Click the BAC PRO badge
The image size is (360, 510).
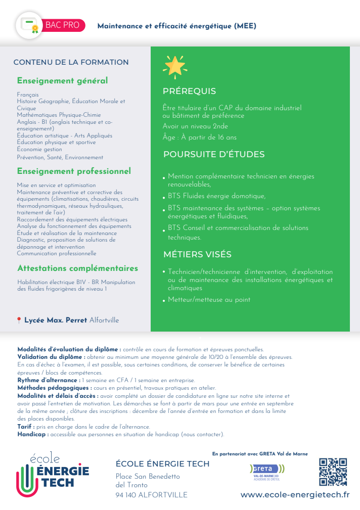click(x=63, y=25)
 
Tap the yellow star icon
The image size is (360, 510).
click(x=174, y=65)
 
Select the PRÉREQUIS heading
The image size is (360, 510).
click(x=189, y=91)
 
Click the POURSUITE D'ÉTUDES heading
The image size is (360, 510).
click(x=213, y=155)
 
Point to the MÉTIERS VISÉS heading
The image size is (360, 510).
click(x=197, y=254)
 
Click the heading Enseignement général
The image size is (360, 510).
click(x=62, y=81)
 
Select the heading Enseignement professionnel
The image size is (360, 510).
click(x=74, y=171)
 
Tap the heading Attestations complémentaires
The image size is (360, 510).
click(x=77, y=268)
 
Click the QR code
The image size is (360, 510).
click(x=333, y=471)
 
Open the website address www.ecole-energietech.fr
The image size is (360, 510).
click(x=295, y=494)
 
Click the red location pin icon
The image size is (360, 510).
click(x=19, y=320)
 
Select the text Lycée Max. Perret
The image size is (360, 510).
click(x=56, y=320)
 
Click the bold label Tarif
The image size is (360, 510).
click(x=25, y=427)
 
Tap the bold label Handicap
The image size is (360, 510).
click(x=32, y=434)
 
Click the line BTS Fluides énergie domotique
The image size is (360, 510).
click(x=216, y=196)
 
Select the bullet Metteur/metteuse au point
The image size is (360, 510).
click(x=209, y=300)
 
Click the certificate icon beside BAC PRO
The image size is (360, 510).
click(x=30, y=25)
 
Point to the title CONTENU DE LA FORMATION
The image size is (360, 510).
click(x=71, y=62)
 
